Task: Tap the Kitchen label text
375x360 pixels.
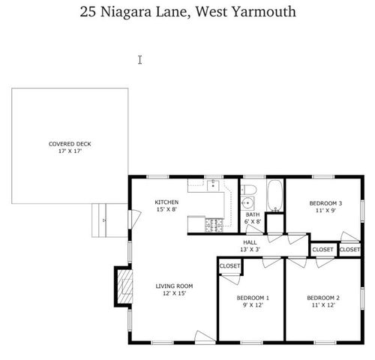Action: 166,202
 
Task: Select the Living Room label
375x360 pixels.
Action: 175,286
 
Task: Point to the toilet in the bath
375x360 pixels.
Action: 250,188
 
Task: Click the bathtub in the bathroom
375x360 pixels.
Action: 274,196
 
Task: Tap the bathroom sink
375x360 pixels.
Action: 247,203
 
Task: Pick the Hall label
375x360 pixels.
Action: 249,242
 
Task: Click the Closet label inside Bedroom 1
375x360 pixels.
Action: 229,266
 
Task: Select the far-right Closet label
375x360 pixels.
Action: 349,249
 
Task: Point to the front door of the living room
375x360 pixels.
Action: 203,335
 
